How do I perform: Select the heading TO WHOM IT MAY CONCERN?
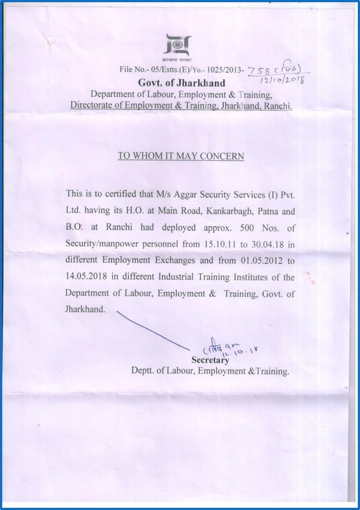click(x=181, y=156)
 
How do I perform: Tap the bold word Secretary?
click(x=210, y=360)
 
